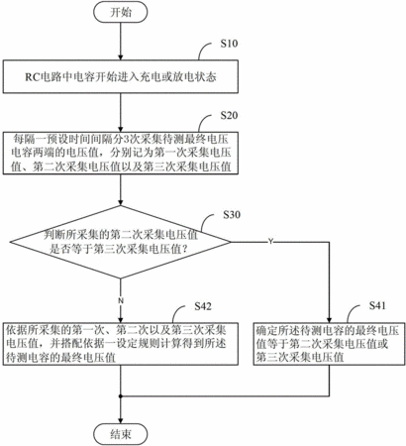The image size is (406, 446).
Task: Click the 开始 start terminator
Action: tap(121, 12)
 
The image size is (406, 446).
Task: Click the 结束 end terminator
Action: tap(121, 434)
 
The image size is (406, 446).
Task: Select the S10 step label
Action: tap(229, 44)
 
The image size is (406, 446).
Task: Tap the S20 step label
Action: tap(229, 115)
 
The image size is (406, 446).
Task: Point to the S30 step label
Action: tap(232, 215)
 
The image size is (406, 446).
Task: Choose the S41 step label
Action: tap(377, 305)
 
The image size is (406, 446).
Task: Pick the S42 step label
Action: tap(203, 306)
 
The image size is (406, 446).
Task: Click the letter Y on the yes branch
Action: tap(270, 242)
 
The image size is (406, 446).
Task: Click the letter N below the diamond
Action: tap(121, 301)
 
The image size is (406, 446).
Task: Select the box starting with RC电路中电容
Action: tap(121, 76)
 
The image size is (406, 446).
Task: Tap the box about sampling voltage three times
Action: tap(121, 153)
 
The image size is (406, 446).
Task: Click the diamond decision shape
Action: tap(121, 242)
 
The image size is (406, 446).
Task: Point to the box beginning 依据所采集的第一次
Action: tap(121, 344)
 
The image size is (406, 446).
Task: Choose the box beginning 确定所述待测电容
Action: tap(329, 344)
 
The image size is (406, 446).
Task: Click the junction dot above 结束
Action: tap(121, 395)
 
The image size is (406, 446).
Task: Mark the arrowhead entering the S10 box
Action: tap(121, 56)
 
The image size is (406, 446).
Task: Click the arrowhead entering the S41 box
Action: tap(329, 319)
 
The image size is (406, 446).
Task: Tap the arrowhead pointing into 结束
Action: tap(121, 420)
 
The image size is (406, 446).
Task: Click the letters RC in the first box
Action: tap(32, 77)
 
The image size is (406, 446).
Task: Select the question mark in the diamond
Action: tap(185, 249)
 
